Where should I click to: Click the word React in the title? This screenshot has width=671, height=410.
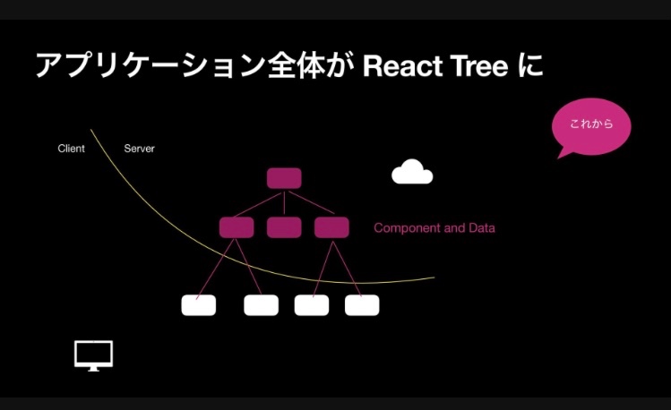[x=402, y=66]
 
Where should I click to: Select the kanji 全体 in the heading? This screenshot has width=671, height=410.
[x=296, y=66]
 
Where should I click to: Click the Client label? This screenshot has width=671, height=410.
[x=71, y=149]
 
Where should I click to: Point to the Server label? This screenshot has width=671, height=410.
[x=139, y=149]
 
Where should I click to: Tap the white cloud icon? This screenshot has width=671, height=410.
[x=412, y=172]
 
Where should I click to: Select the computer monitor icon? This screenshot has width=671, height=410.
[x=94, y=355]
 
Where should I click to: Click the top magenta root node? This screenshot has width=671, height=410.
[x=284, y=178]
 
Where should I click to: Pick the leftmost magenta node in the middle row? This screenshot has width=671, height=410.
[x=237, y=227]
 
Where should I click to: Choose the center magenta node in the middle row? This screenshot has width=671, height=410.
[x=284, y=227]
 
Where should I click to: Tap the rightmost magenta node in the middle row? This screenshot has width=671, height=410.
[x=331, y=227]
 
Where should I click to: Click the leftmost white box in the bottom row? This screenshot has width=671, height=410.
[x=199, y=305]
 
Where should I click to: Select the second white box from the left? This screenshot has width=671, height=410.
[x=261, y=305]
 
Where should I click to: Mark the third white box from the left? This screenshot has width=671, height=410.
[x=312, y=305]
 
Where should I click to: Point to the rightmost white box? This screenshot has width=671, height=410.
[x=362, y=305]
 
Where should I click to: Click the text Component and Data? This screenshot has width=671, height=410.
[x=434, y=228]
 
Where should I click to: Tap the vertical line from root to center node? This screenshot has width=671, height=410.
[x=284, y=203]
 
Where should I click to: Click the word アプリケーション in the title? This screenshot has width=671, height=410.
[x=150, y=66]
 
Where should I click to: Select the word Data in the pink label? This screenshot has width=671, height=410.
[x=482, y=228]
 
